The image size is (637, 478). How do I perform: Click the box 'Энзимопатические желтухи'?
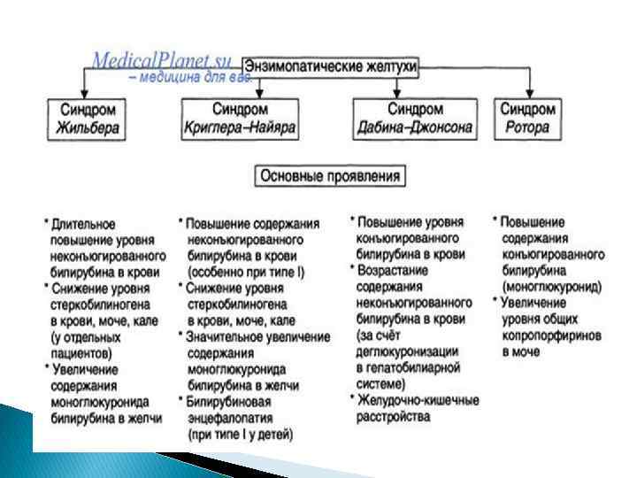[330, 66]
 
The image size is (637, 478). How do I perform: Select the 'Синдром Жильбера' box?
[84, 119]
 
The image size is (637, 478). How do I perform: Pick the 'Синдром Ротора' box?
[528, 119]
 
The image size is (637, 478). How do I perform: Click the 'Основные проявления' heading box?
[329, 176]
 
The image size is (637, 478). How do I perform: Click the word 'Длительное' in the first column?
[83, 225]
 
